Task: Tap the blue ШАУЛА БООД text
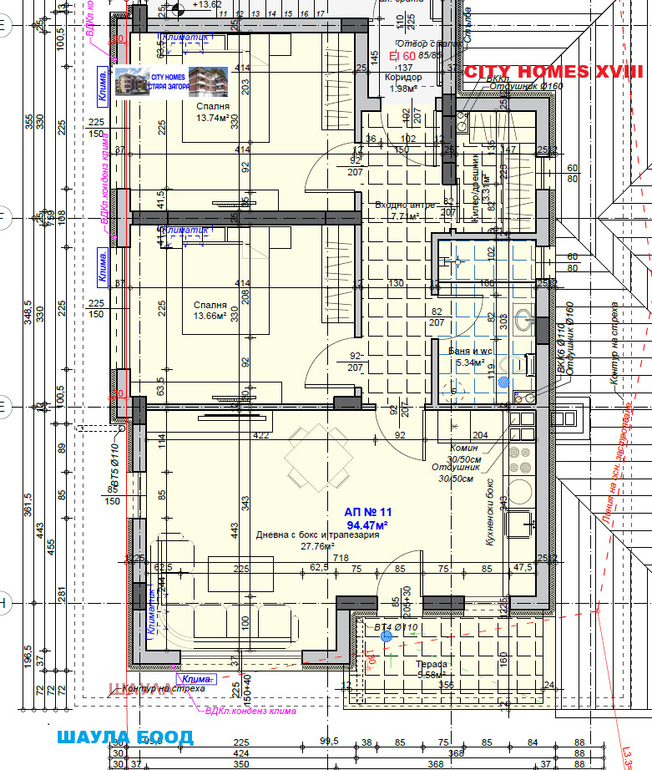(125, 737)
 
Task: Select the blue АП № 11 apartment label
(368, 511)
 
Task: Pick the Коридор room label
(403, 78)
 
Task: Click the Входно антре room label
(404, 205)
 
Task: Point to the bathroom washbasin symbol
(523, 319)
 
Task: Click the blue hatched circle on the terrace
(386, 636)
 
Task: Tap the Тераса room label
(432, 664)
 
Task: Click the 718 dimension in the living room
(341, 557)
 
